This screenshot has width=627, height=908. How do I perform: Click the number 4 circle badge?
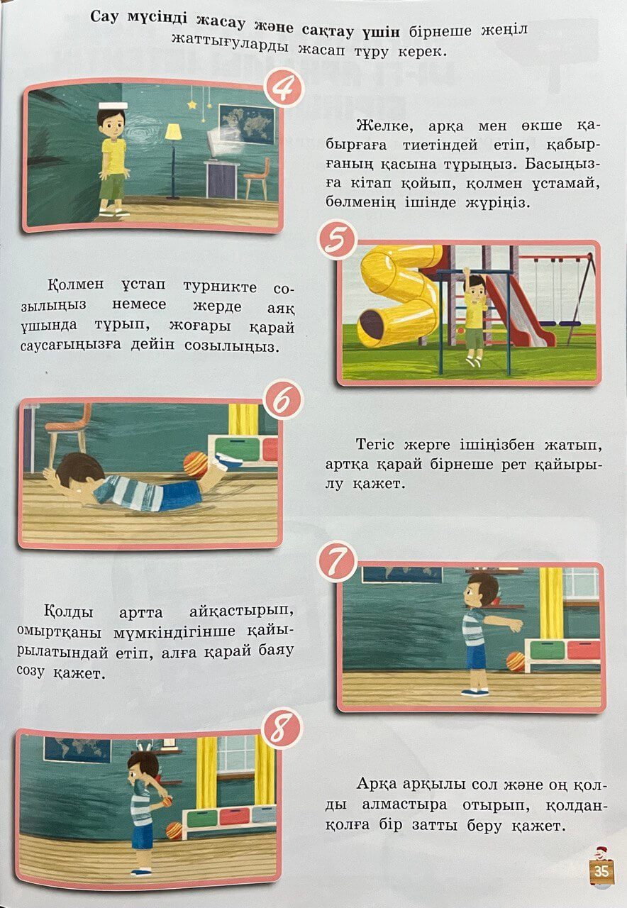[284, 89]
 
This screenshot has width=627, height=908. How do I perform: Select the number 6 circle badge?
[283, 399]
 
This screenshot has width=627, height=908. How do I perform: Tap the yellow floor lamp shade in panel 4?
[173, 132]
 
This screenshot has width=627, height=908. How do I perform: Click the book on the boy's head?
[113, 106]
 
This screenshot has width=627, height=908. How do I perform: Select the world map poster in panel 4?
[246, 124]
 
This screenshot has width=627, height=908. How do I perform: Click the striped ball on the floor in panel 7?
[515, 662]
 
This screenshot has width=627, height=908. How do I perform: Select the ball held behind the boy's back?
[167, 801]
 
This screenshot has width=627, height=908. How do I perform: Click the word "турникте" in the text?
[220, 287]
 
